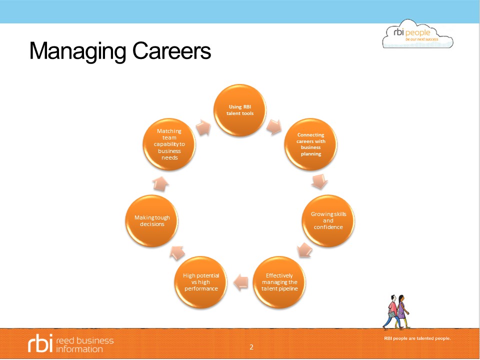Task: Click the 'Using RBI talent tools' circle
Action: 239,110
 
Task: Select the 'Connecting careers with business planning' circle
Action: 310,144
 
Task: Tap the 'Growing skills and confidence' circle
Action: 328,220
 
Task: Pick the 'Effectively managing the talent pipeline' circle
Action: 279,282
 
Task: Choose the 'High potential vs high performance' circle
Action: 201,282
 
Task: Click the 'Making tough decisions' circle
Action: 152,220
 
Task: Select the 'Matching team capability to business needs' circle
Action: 169,144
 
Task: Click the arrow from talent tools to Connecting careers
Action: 274,127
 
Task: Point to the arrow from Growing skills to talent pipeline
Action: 304,250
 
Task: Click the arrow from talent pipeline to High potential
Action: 241,282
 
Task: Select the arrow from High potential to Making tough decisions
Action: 177,253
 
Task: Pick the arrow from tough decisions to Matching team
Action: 160,184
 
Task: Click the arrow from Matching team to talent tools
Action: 203,127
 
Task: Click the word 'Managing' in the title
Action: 78,51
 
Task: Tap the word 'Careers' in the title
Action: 171,51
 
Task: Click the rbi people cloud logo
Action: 417,34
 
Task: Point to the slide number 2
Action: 251,347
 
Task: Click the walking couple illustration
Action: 396,312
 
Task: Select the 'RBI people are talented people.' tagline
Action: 417,338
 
